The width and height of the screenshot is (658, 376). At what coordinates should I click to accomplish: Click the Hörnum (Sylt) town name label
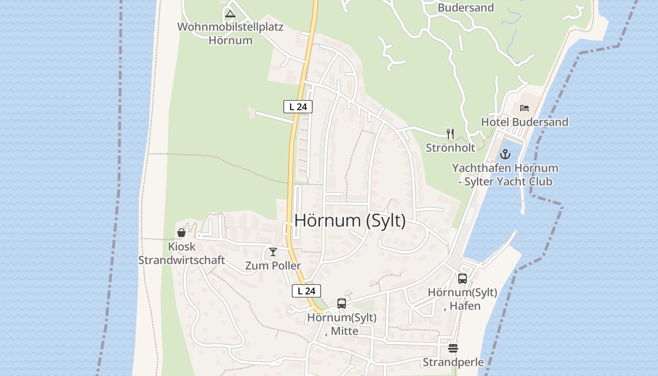click(350, 220)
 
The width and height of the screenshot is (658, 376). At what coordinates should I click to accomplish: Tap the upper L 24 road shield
click(298, 107)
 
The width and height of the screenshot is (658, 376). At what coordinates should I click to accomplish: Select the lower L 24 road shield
click(306, 291)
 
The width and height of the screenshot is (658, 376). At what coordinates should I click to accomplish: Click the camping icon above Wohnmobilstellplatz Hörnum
click(230, 13)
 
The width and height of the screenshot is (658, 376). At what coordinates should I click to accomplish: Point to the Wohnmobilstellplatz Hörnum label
click(230, 33)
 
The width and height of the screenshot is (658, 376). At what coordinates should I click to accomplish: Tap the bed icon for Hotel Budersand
click(525, 108)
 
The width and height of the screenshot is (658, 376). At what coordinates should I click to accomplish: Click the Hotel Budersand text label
click(525, 122)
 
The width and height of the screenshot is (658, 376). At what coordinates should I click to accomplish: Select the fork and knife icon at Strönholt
click(450, 133)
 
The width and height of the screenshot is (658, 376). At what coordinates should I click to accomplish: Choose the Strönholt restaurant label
click(450, 148)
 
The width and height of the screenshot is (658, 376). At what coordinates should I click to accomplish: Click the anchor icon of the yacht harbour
click(505, 154)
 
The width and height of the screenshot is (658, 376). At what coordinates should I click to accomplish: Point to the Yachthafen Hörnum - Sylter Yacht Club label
click(505, 175)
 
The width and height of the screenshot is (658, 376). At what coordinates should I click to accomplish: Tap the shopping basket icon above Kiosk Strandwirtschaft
click(181, 232)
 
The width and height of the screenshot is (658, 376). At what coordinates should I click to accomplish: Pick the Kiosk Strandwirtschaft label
click(181, 253)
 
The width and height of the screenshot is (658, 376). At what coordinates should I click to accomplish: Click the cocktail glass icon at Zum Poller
click(273, 252)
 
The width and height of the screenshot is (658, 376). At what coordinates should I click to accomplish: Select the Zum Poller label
click(273, 266)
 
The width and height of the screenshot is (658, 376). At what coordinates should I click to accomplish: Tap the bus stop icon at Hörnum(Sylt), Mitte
click(342, 304)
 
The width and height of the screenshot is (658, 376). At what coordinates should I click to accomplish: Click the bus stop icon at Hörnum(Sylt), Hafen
click(462, 279)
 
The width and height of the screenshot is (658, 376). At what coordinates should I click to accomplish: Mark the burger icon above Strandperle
click(453, 348)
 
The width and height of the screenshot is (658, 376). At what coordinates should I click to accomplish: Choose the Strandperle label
click(453, 362)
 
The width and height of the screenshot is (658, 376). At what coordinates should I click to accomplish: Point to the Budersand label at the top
click(466, 8)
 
